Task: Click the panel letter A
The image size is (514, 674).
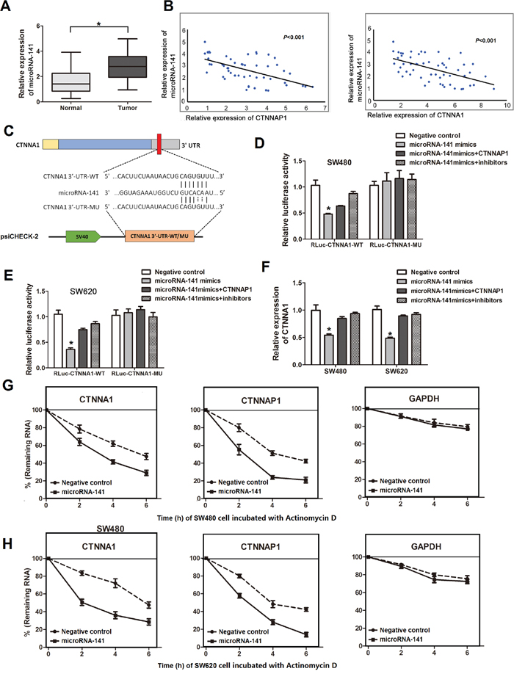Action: pos(9,9)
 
